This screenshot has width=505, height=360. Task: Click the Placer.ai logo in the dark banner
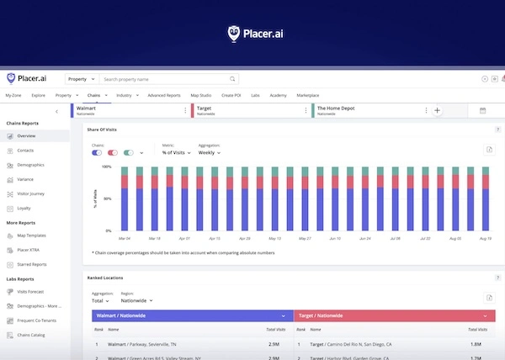click(252, 33)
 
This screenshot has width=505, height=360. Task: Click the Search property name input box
click(167, 79)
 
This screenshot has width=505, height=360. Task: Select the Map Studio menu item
click(200, 96)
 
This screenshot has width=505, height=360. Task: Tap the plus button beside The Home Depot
click(437, 110)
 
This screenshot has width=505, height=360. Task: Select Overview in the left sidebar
click(26, 135)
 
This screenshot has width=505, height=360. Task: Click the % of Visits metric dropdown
click(177, 152)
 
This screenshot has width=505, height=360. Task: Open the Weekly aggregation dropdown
click(210, 152)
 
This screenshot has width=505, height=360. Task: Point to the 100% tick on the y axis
click(107, 167)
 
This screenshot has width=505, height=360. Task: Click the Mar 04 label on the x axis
click(124, 238)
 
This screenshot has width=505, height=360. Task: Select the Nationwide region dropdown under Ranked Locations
click(137, 300)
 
